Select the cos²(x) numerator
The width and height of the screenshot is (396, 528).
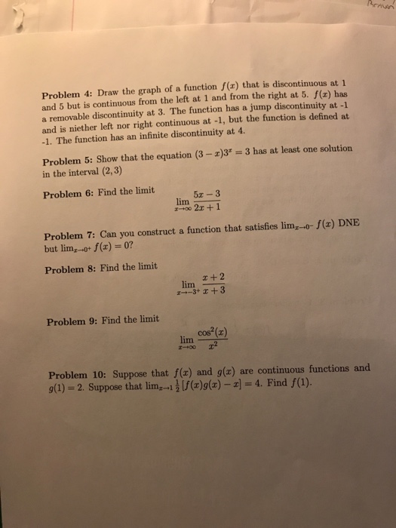click(213, 332)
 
